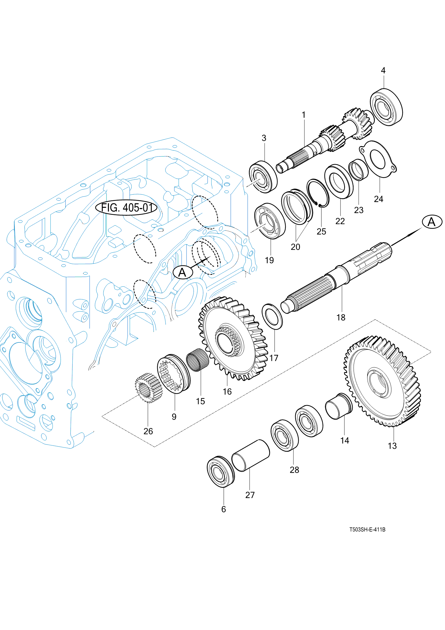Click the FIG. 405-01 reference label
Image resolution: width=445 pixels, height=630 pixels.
(x=126, y=207)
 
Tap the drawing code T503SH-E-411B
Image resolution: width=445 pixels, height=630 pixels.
(x=367, y=529)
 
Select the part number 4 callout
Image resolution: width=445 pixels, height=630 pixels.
(x=383, y=71)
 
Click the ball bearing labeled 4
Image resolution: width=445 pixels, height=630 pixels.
(x=386, y=107)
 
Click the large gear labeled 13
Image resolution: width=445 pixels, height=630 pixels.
(x=382, y=381)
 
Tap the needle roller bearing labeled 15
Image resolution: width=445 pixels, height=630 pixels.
(x=197, y=360)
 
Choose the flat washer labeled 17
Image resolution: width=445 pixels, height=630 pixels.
(x=272, y=316)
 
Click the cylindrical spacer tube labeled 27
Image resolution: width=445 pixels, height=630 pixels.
(x=251, y=455)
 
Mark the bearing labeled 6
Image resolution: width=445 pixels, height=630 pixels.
(x=220, y=472)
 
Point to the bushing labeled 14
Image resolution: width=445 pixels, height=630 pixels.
(x=338, y=406)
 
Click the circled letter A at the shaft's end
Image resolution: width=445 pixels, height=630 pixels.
(x=432, y=222)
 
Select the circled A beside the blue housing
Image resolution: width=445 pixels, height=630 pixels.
(x=183, y=272)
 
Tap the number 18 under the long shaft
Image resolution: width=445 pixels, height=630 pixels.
(x=341, y=318)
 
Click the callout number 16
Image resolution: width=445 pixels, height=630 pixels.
(x=227, y=392)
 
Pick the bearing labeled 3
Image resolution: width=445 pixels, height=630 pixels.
(x=263, y=177)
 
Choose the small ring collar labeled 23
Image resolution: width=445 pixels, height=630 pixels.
(x=358, y=170)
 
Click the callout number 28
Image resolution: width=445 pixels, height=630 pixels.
(x=294, y=470)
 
